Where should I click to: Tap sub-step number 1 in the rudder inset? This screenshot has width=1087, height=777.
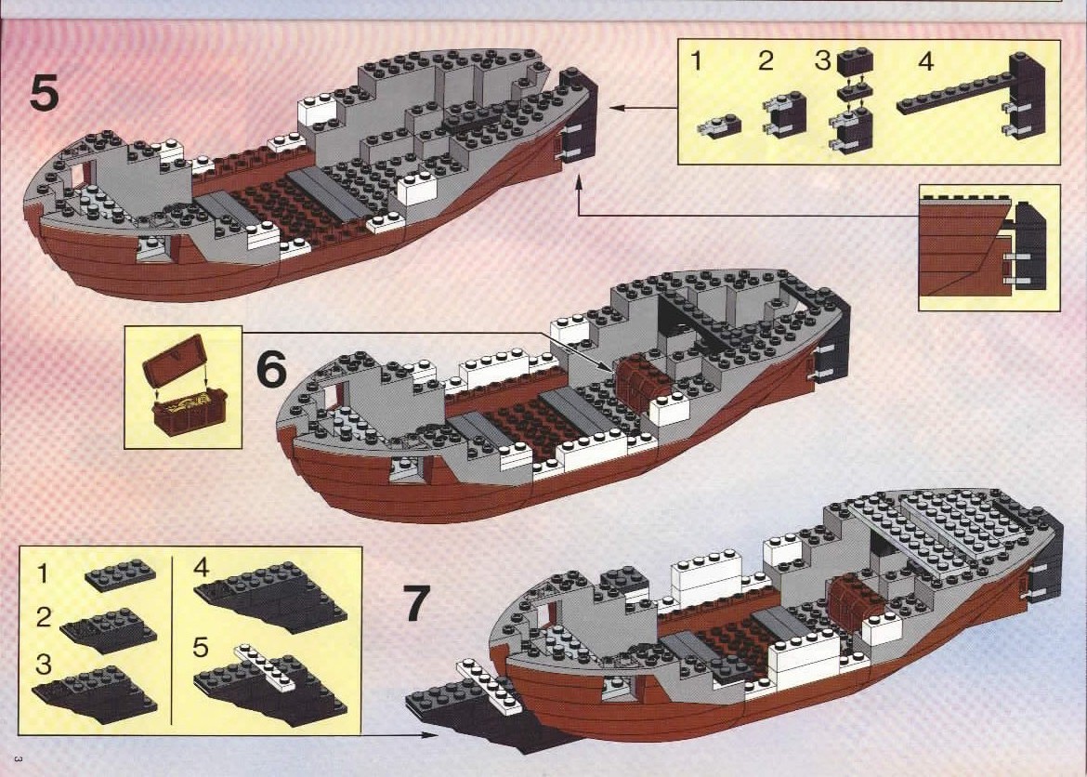pos(697,63)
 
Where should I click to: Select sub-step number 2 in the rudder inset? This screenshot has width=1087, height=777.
pos(766,63)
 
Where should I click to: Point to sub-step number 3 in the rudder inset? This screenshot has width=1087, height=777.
pos(822,63)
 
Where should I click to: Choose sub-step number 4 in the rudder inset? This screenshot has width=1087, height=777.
pos(925,63)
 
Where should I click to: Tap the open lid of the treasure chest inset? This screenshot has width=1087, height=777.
pos(174,359)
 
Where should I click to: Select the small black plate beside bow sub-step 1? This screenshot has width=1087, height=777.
pos(120,576)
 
